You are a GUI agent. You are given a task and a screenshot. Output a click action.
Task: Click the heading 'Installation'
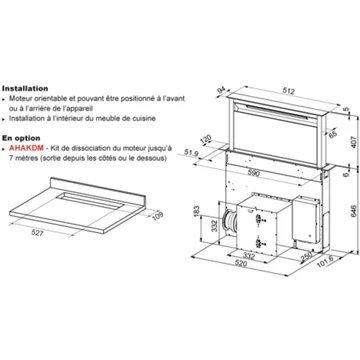(x=24, y=88)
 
